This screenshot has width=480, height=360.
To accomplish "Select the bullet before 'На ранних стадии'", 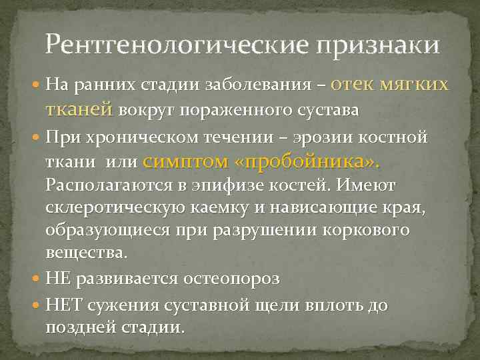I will pyautogui.click(x=38, y=85).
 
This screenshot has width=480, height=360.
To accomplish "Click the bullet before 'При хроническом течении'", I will pyautogui.click(x=38, y=138).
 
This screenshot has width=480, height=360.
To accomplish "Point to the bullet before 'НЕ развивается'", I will pyautogui.click(x=38, y=278).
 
